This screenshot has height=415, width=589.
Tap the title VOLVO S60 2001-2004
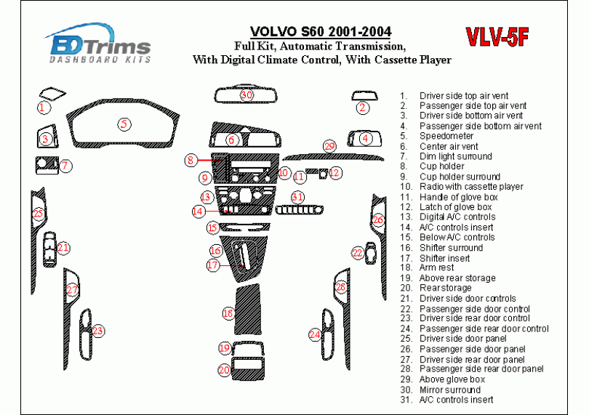pyautogui.click(x=321, y=32)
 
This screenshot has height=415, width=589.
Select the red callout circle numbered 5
pyautogui.click(x=125, y=124)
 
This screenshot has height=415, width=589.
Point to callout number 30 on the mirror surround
pyautogui.click(x=247, y=95)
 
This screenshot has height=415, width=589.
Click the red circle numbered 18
pyautogui.click(x=228, y=313)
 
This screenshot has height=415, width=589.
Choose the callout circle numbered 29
pyautogui.click(x=329, y=147)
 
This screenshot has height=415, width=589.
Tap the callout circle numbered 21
pyautogui.click(x=63, y=249)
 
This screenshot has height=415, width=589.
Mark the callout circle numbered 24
pyautogui.click(x=315, y=334)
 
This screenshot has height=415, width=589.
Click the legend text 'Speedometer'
pyautogui.click(x=446, y=136)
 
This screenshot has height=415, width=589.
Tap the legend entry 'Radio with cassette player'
pyautogui.click(x=471, y=187)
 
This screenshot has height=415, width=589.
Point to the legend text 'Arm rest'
pyautogui.click(x=436, y=268)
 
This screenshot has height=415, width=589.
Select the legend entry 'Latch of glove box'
pyautogui.click(x=455, y=207)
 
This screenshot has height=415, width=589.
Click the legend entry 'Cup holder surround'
pyautogui.click(x=460, y=177)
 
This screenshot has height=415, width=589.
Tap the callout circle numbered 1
pyautogui.click(x=44, y=108)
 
